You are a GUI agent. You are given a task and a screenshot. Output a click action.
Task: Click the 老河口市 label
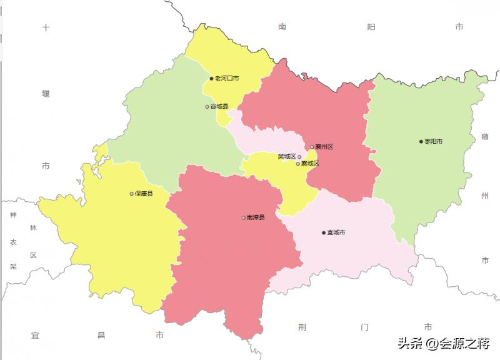227,79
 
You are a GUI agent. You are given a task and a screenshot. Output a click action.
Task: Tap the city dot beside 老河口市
212,79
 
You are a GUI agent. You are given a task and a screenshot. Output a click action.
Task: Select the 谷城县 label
219,107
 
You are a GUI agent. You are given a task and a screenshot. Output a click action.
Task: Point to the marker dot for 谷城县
207,107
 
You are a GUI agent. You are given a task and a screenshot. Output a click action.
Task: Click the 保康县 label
144,194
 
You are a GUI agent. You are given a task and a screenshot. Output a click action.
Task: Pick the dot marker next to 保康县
132,194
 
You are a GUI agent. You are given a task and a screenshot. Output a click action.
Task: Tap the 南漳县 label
256,217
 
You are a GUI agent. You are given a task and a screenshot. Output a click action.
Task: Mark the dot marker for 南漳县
243,217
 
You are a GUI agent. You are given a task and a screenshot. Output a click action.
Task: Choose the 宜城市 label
336,232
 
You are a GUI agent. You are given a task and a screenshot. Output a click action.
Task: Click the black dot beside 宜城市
324,232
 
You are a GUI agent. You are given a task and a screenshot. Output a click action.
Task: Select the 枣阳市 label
434,142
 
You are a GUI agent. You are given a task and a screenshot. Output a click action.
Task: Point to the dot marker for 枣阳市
421,142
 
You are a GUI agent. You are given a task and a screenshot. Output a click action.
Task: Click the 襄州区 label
324,147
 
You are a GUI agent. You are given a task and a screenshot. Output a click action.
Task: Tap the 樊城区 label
286,156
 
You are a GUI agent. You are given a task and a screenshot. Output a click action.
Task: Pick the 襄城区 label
310,164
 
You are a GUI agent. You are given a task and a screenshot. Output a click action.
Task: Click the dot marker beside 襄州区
312,147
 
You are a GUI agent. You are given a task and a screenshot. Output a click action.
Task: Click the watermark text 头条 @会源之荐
443,342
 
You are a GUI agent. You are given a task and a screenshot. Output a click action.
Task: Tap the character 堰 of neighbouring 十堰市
46,94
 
